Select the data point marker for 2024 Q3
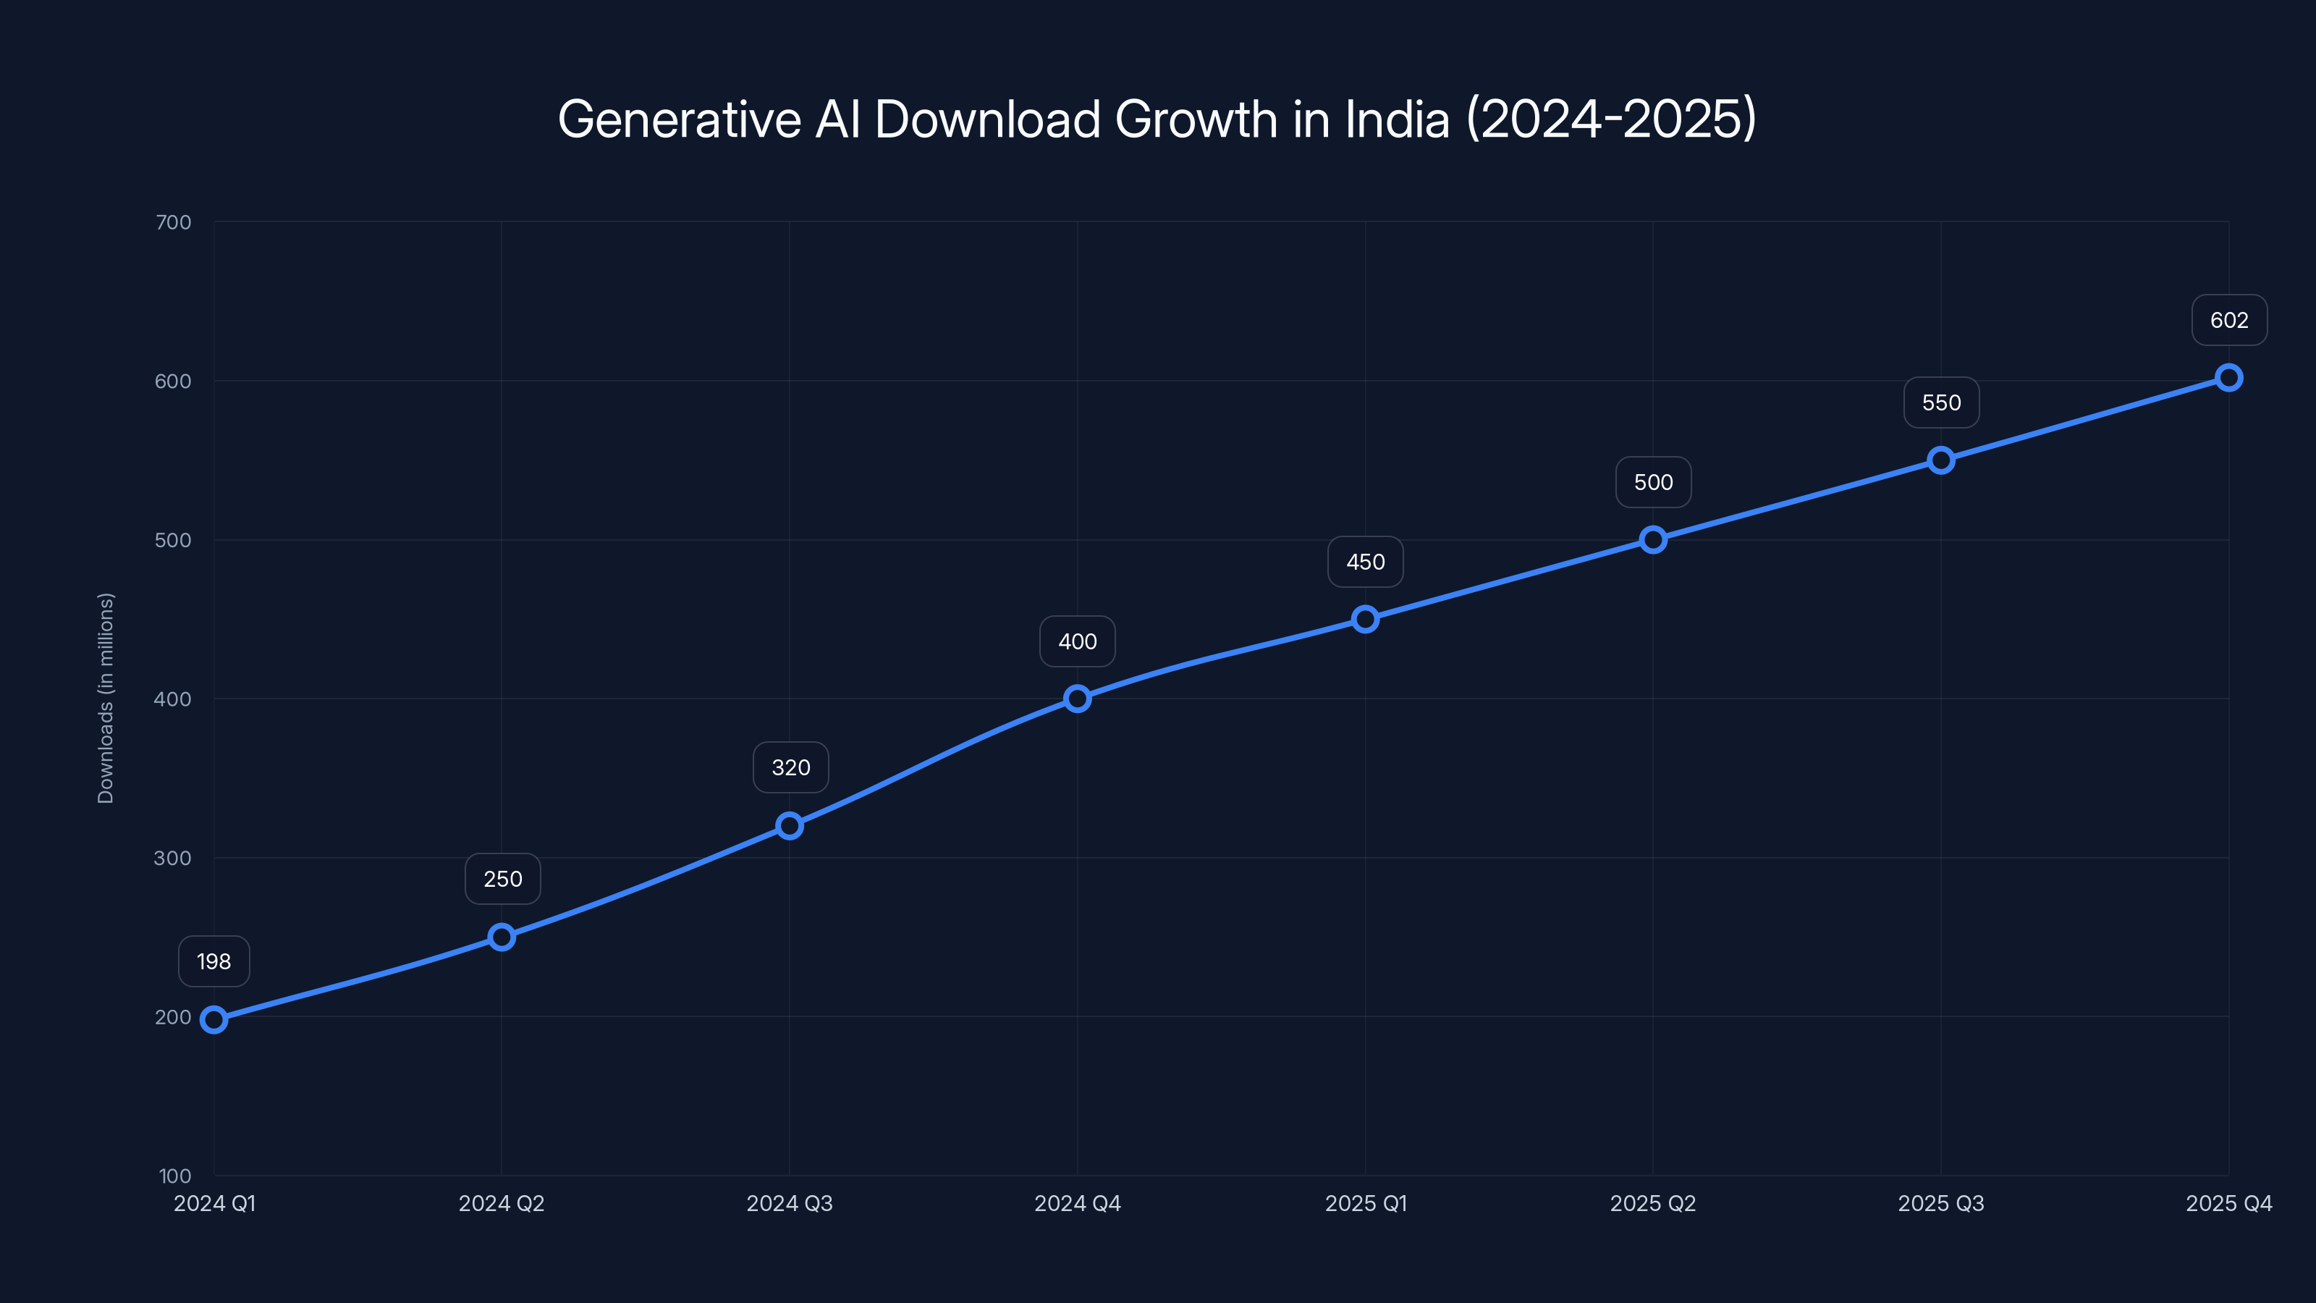[x=790, y=825]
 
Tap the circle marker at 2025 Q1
[x=1365, y=619]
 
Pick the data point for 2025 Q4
[x=2228, y=378]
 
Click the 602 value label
[x=2229, y=320]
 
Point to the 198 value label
[x=214, y=961]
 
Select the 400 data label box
[x=1077, y=641]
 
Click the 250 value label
[x=502, y=879]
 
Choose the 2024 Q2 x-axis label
[x=502, y=1203]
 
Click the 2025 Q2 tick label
[x=1652, y=1203]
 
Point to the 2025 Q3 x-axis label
[x=1940, y=1203]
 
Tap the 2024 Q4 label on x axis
[x=1077, y=1203]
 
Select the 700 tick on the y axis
[x=174, y=222]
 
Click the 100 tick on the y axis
[x=175, y=1176]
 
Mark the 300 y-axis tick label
[x=173, y=858]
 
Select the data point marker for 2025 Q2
[x=1652, y=539]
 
